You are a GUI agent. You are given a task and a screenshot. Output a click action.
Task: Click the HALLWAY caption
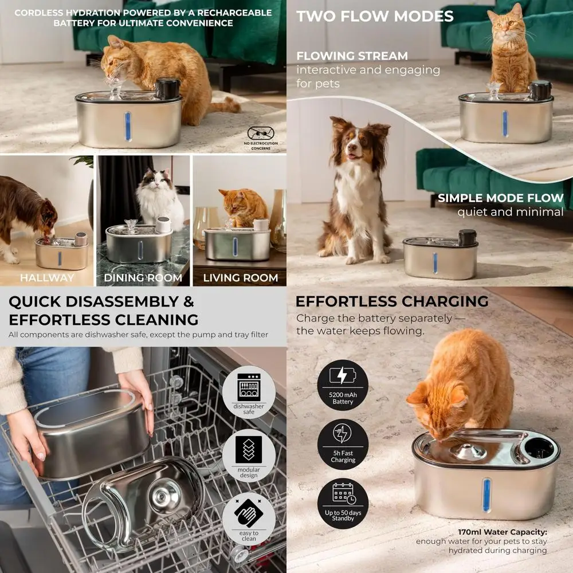click(x=47, y=278)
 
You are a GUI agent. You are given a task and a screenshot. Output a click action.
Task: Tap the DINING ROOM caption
click(x=143, y=278)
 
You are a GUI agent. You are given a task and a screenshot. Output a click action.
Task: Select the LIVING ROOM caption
click(x=240, y=278)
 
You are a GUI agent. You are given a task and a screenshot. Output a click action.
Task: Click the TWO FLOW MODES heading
click(x=375, y=16)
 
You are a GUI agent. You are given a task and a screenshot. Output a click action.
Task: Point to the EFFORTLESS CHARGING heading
click(x=392, y=301)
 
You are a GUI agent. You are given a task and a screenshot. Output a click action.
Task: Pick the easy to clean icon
click(x=249, y=519)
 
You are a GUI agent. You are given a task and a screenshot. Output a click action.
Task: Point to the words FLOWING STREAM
click(x=352, y=56)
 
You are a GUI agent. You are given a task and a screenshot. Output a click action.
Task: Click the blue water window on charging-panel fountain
click(x=487, y=494)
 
